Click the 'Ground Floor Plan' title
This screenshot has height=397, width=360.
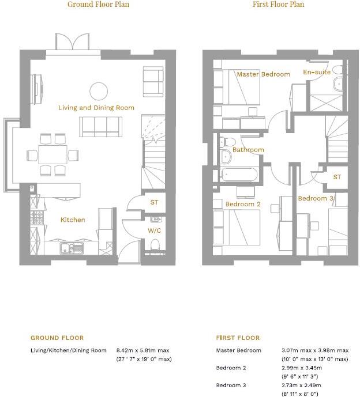pos(98,5)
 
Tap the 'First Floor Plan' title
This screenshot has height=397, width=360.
pos(278,5)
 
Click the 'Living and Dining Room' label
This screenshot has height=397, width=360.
pos(96,108)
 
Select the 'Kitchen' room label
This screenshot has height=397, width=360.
pos(73,220)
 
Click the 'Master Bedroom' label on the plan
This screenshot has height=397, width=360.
pos(263,74)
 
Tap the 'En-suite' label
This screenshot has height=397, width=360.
pos(317,73)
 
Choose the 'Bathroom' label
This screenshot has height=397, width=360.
pos(249,150)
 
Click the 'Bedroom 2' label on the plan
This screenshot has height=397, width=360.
pos(243,205)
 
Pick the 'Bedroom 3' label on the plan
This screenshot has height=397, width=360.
pos(316,199)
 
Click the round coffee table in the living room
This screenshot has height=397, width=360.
pos(98,90)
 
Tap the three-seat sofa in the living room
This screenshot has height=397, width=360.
pos(101,126)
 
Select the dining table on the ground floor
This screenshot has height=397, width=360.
pos(52,154)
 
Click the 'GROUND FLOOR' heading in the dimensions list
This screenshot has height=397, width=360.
pos(57,338)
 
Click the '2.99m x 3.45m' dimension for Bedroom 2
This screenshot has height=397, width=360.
pos(301,368)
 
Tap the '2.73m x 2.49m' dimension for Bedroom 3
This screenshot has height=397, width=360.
pos(301,385)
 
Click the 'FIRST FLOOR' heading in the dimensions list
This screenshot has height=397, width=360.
pos(238,338)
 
